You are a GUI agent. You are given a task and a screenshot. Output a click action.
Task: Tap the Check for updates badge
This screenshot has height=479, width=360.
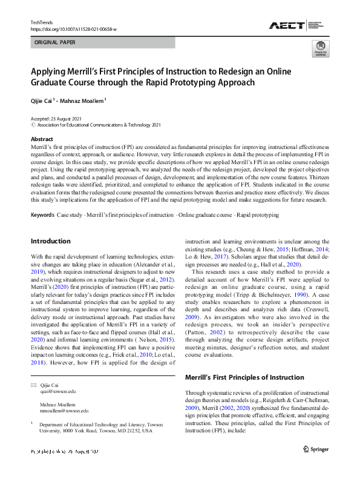[x=320, y=49]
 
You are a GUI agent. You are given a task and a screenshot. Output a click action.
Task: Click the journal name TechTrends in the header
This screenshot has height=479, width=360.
[x=42, y=22]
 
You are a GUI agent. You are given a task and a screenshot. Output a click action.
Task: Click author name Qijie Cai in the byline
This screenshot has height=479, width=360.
[x=41, y=101]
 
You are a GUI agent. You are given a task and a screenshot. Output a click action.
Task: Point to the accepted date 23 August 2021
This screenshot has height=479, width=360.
[x=67, y=119]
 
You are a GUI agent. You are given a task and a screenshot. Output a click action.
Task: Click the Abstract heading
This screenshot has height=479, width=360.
[x=42, y=138]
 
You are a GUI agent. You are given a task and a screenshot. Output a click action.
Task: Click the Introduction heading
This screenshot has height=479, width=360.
[x=50, y=241]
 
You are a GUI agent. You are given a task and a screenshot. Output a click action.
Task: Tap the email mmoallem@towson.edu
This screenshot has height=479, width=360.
[x=64, y=411]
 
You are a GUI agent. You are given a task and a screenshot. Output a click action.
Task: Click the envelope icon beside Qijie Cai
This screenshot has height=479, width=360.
[x=33, y=385]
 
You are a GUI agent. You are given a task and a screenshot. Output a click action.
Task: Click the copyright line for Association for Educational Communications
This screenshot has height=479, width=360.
[x=96, y=125]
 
